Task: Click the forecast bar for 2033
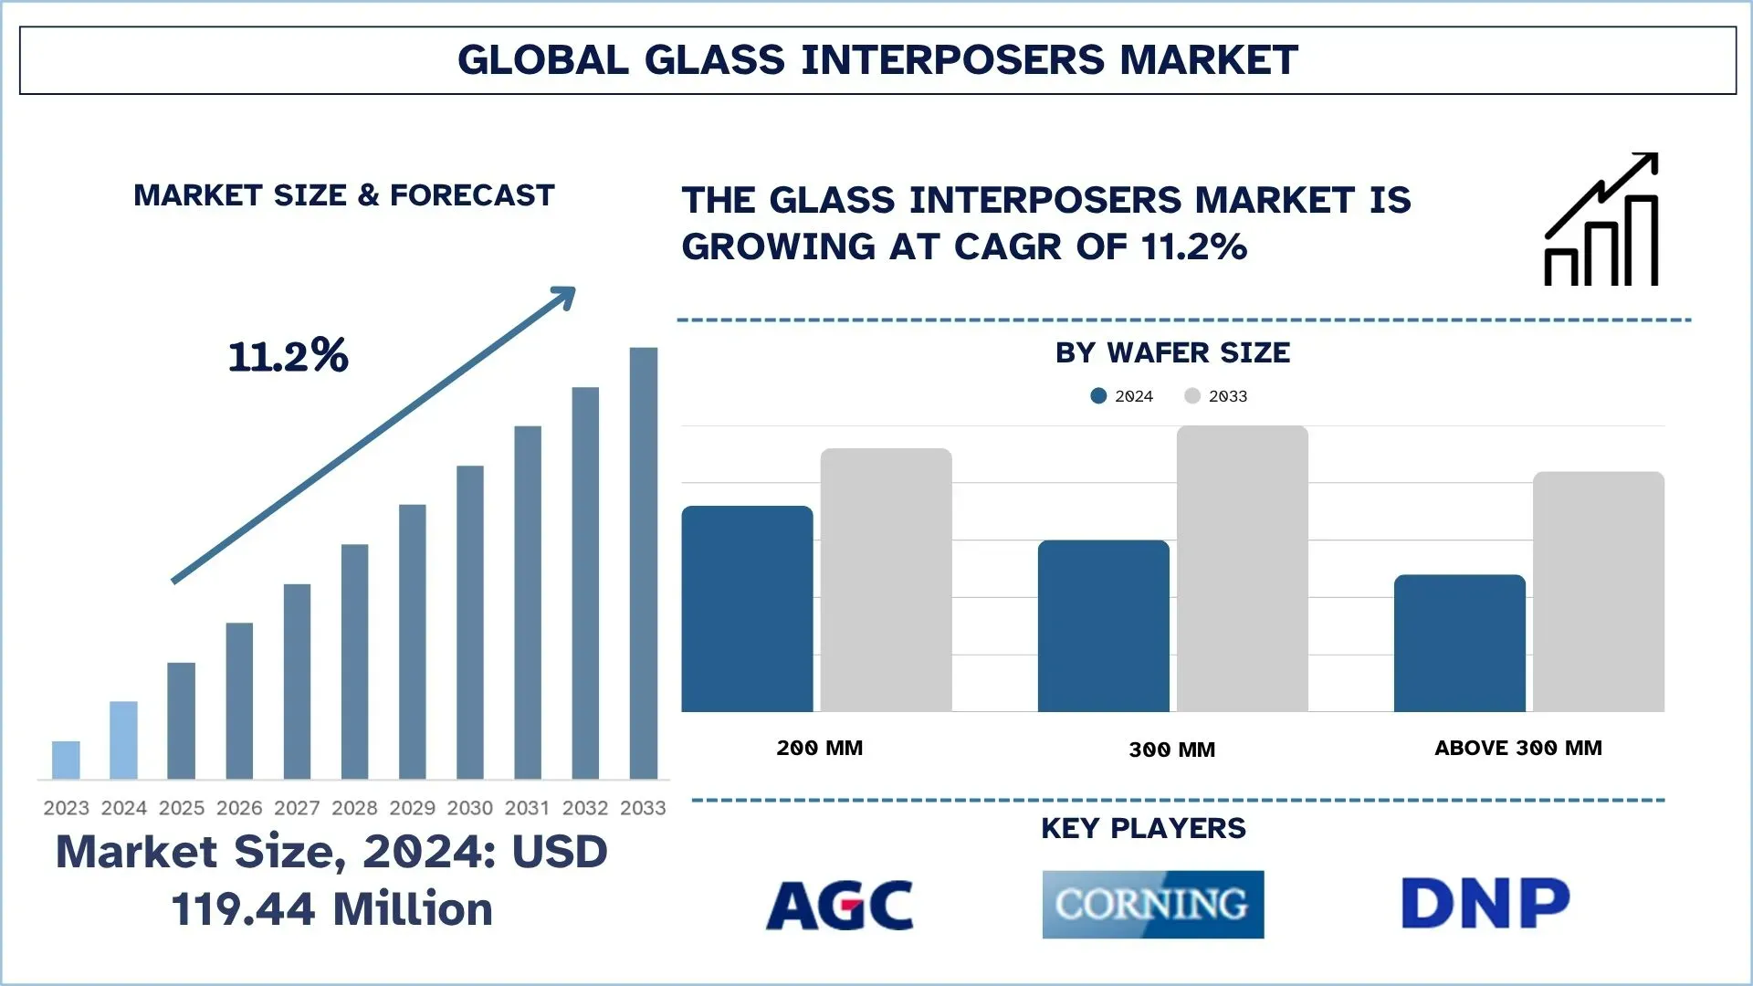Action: click(x=643, y=562)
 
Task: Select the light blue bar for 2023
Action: click(x=66, y=760)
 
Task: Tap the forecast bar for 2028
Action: click(x=354, y=661)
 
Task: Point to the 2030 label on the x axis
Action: click(x=469, y=808)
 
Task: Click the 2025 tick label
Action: click(x=181, y=808)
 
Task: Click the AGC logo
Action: click(x=839, y=905)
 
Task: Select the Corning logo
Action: click(x=1152, y=905)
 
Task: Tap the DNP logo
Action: click(x=1485, y=904)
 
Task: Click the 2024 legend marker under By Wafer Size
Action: click(x=1098, y=396)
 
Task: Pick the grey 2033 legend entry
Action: click(x=1217, y=396)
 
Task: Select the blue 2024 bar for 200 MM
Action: click(x=747, y=609)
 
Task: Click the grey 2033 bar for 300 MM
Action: click(x=1242, y=568)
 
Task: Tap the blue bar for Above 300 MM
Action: click(x=1459, y=643)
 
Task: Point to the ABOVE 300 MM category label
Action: click(x=1517, y=749)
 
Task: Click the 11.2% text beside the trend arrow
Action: click(x=288, y=356)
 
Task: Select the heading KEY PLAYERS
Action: click(x=1143, y=828)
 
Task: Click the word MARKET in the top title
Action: click(x=1208, y=60)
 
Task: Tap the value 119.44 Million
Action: click(x=331, y=909)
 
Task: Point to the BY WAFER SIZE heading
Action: click(x=1172, y=353)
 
